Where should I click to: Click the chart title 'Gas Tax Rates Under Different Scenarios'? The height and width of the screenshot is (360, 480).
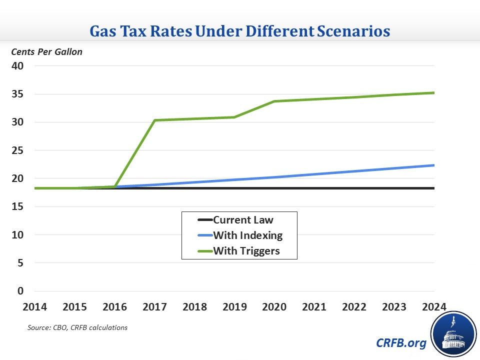pyautogui.click(x=239, y=31)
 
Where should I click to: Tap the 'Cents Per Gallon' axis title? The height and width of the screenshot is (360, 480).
pyautogui.click(x=47, y=51)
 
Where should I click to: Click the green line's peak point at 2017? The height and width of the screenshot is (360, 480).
pyautogui.click(x=154, y=120)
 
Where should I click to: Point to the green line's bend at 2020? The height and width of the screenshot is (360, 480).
pyautogui.click(x=274, y=101)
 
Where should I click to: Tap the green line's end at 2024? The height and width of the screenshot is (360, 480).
pyautogui.click(x=433, y=92)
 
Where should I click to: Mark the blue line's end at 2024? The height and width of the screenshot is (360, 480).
pyautogui.click(x=433, y=165)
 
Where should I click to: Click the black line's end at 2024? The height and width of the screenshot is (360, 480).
pyautogui.click(x=433, y=188)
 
